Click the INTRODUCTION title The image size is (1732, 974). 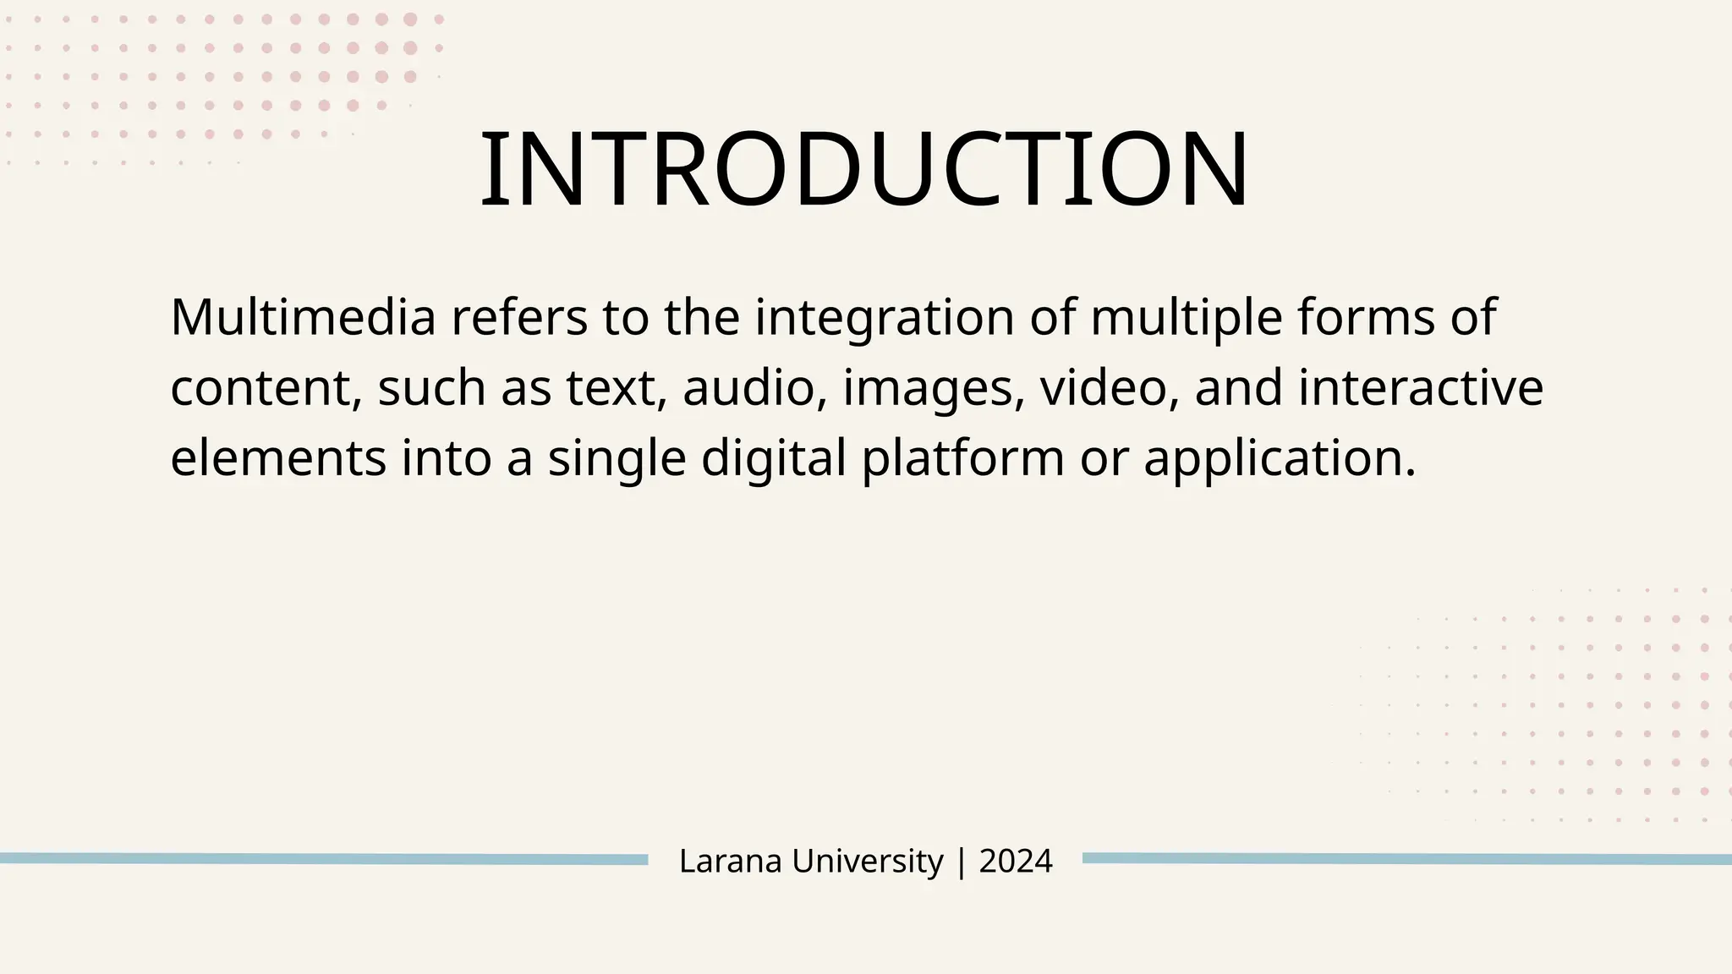(863, 169)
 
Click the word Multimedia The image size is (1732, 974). (303, 318)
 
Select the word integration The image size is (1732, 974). (884, 318)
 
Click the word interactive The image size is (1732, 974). (1421, 389)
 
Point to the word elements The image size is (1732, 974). (278, 459)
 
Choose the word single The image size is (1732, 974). (617, 459)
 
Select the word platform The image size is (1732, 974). (962, 459)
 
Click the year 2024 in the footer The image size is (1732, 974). (1016, 862)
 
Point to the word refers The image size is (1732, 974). (518, 318)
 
